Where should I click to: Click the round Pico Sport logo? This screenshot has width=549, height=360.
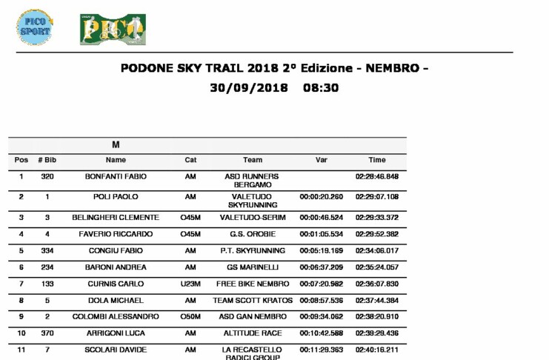pyautogui.click(x=34, y=27)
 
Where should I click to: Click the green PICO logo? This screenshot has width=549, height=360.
pyautogui.click(x=113, y=29)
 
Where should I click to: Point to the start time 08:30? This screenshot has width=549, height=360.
pyautogui.click(x=320, y=87)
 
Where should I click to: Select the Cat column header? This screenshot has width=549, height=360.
pyautogui.click(x=190, y=160)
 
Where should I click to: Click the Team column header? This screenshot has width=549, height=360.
pyautogui.click(x=252, y=160)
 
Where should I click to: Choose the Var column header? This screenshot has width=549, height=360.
pyautogui.click(x=321, y=160)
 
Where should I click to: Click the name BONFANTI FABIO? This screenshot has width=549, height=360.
pyautogui.click(x=116, y=177)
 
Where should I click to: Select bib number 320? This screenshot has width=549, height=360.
pyautogui.click(x=47, y=177)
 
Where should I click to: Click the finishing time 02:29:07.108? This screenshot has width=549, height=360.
pyautogui.click(x=377, y=197)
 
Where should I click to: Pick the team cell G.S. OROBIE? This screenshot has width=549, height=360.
pyautogui.click(x=252, y=234)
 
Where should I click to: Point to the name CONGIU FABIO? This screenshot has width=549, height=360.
pyautogui.click(x=116, y=251)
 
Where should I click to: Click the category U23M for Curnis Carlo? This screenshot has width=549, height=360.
pyautogui.click(x=190, y=284)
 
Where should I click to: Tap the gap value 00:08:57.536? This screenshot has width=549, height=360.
pyautogui.click(x=321, y=301)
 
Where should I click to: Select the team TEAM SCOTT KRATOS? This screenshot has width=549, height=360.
pyautogui.click(x=252, y=301)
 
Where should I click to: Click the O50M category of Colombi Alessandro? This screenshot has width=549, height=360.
pyautogui.click(x=190, y=316)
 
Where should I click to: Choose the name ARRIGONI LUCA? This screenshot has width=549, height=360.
pyautogui.click(x=116, y=333)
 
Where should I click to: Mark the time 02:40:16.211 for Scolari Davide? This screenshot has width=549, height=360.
pyautogui.click(x=377, y=350)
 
